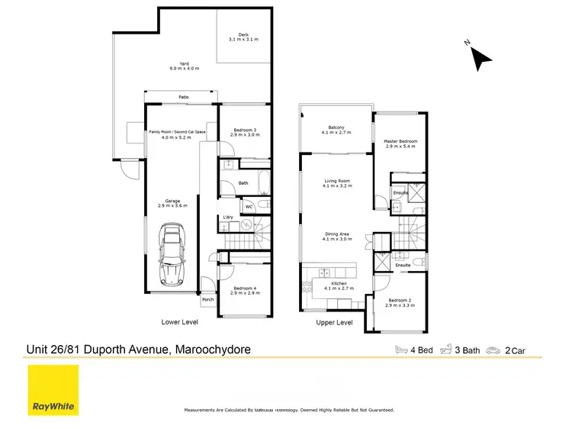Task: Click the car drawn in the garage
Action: pyautogui.click(x=171, y=257)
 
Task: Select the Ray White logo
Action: pyautogui.click(x=53, y=390)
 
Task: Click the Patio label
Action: pyautogui.click(x=184, y=98)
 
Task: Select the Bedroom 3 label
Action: pyautogui.click(x=243, y=131)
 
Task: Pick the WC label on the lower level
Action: pyautogui.click(x=249, y=206)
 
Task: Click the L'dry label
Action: pyautogui.click(x=227, y=218)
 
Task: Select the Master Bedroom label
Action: pyautogui.click(x=400, y=142)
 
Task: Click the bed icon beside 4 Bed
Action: pyautogui.click(x=402, y=350)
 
